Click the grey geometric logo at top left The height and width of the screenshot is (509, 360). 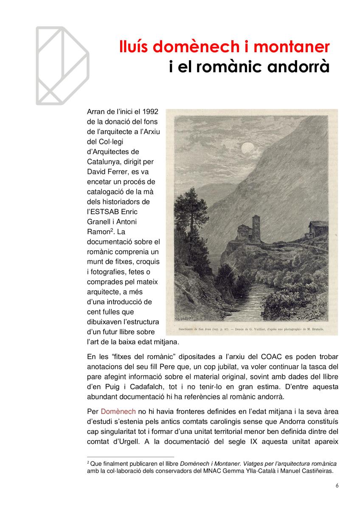[62, 65]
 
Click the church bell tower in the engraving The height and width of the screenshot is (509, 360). [256, 227]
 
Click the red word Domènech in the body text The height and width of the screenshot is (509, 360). [118, 411]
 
